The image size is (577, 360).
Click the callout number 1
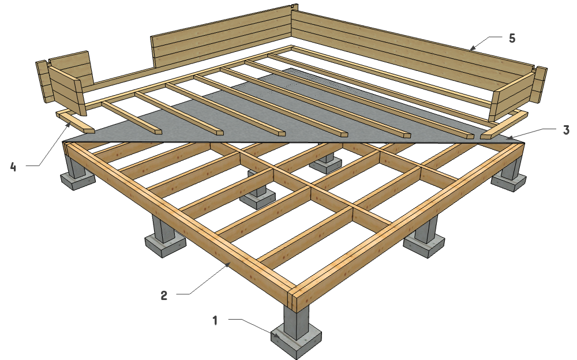(x=215, y=320)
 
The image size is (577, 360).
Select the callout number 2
(x=164, y=296)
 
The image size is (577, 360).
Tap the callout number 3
(x=566, y=130)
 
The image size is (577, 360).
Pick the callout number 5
(x=511, y=39)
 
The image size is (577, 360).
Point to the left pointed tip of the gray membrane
(x=64, y=140)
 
